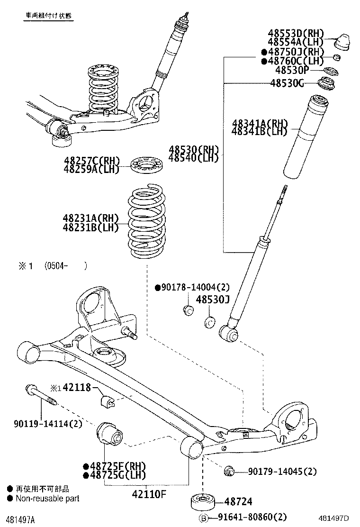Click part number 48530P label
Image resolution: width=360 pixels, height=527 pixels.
click(292, 70)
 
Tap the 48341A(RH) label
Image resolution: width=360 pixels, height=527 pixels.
click(260, 124)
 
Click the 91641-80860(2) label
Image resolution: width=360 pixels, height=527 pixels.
click(252, 517)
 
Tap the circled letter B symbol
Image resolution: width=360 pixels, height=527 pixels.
click(203, 518)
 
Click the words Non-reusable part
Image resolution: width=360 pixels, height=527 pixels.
click(47, 498)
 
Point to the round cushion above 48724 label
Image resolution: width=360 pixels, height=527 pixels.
click(203, 501)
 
